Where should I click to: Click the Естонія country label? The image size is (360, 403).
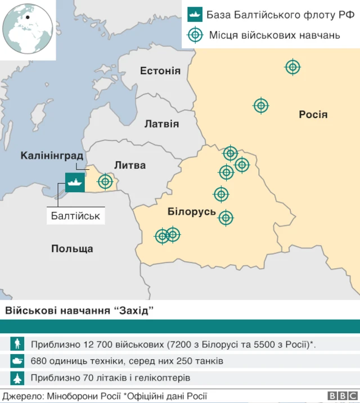coord(160,71)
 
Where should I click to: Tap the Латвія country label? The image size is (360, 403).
coord(161,124)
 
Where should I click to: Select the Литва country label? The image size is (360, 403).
coord(130,165)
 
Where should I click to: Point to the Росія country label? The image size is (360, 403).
coord(313,115)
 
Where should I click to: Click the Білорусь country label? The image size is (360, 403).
coord(192,211)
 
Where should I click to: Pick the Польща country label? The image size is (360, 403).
coord(72,248)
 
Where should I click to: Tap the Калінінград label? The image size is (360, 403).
coord(52,155)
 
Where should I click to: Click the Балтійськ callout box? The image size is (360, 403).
coord(75,215)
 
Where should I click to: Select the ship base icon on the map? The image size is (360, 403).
coord(75,182)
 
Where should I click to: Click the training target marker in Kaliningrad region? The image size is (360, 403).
coord(105,182)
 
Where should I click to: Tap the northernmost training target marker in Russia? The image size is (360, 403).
coord(292,67)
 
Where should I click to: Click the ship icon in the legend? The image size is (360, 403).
coord(195,15)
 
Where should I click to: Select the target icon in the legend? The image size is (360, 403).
coord(195,35)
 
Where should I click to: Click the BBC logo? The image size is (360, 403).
coord(339,396)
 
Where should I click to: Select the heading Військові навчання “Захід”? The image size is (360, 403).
coord(79,311)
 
